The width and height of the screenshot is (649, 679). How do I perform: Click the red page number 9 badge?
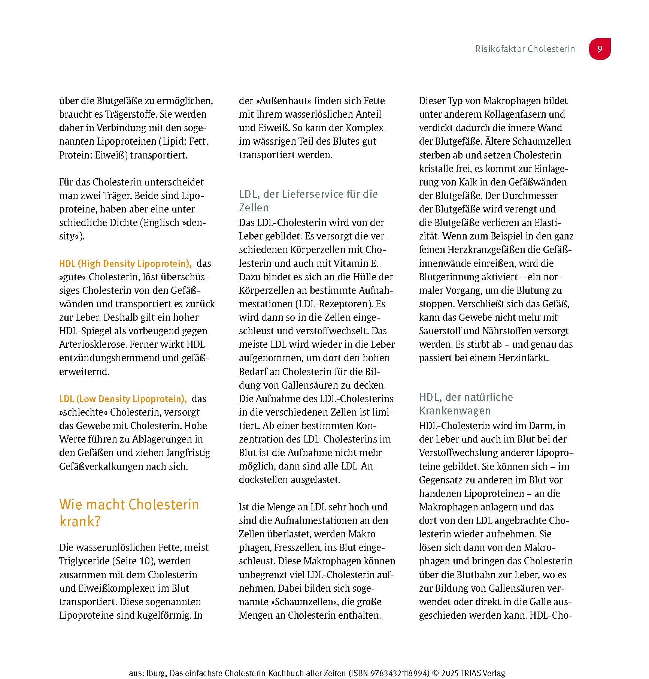click(x=600, y=49)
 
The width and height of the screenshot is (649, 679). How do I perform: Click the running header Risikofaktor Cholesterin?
click(x=525, y=49)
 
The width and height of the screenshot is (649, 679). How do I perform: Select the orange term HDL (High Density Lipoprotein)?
click(x=125, y=263)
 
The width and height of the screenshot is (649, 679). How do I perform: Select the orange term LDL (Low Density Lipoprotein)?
click(x=123, y=399)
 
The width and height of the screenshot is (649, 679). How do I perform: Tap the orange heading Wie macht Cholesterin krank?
click(x=129, y=513)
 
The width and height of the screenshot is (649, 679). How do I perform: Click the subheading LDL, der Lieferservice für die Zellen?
click(x=308, y=200)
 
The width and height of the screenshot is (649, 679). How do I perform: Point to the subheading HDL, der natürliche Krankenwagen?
click(x=465, y=404)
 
